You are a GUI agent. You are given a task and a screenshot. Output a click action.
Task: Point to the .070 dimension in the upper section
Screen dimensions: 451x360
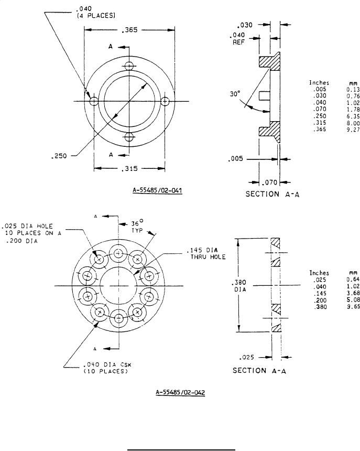point(271,182)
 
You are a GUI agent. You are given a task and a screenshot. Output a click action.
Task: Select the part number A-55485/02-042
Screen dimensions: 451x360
point(180,392)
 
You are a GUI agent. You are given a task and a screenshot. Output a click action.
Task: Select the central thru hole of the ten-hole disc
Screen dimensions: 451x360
point(119,286)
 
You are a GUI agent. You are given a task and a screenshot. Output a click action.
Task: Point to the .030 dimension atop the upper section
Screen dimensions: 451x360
point(245,25)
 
